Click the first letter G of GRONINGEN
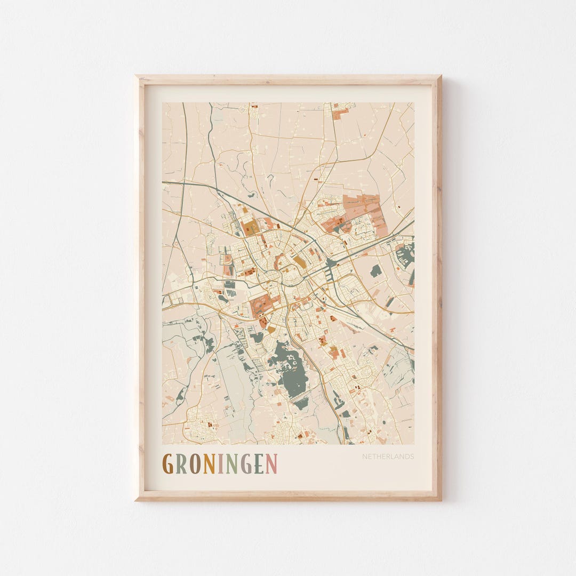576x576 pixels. (x=168, y=463)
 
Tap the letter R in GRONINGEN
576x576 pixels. (x=182, y=463)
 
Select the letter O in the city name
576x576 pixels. (x=196, y=463)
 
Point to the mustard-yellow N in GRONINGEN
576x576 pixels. (x=209, y=463)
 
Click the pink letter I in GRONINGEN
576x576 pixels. (x=220, y=463)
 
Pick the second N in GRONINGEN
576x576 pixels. (x=230, y=463)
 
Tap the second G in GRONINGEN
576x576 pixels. (x=245, y=463)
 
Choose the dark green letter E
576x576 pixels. (x=259, y=463)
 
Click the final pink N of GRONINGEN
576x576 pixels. (x=271, y=463)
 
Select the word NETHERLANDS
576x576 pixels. (x=388, y=457)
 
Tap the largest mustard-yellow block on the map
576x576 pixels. (x=250, y=227)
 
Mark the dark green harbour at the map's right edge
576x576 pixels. (x=405, y=255)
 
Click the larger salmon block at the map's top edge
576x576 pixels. (x=340, y=114)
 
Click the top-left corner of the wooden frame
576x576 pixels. (x=137, y=76)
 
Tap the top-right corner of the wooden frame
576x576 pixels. (x=440, y=76)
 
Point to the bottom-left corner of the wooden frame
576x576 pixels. (x=137, y=499)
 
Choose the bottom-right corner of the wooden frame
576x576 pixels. (x=440, y=499)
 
